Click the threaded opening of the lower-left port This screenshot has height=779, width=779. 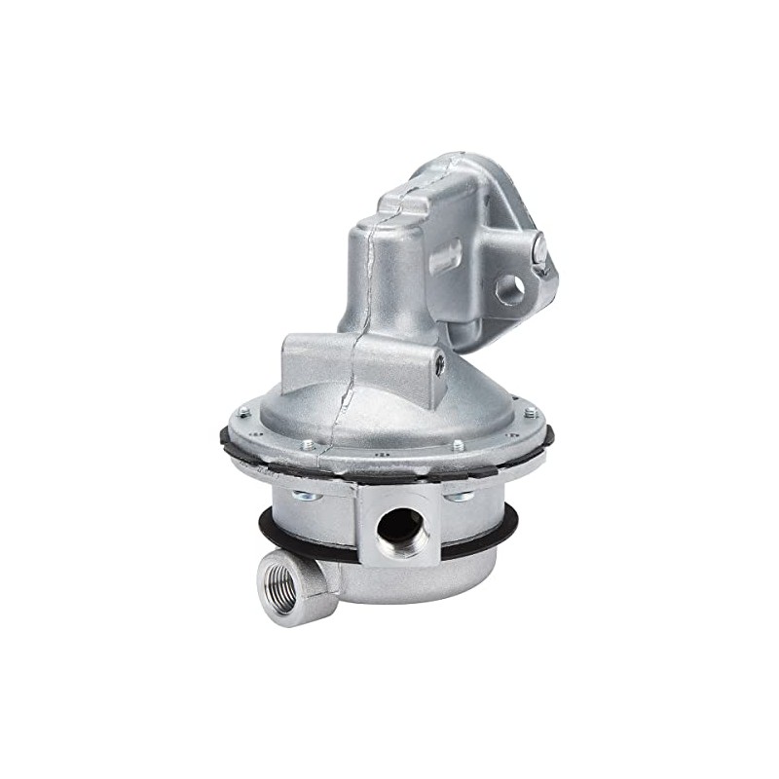pyautogui.click(x=281, y=588)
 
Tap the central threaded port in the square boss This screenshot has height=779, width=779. pyautogui.click(x=400, y=532)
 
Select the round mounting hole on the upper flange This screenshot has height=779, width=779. pyautogui.click(x=509, y=288)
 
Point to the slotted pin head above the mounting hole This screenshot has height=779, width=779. pyautogui.click(x=540, y=251)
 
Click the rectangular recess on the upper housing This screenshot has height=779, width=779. pyautogui.click(x=445, y=256)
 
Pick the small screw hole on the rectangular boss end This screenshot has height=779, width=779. pyautogui.click(x=440, y=365)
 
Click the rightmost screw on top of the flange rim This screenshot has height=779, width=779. pyautogui.click(x=530, y=412)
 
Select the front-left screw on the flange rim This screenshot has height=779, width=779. pyautogui.click(x=307, y=445)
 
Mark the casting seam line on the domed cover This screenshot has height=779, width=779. pyautogui.click(x=343, y=409)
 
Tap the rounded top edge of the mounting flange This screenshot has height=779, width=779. pyautogui.click(x=458, y=166)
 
